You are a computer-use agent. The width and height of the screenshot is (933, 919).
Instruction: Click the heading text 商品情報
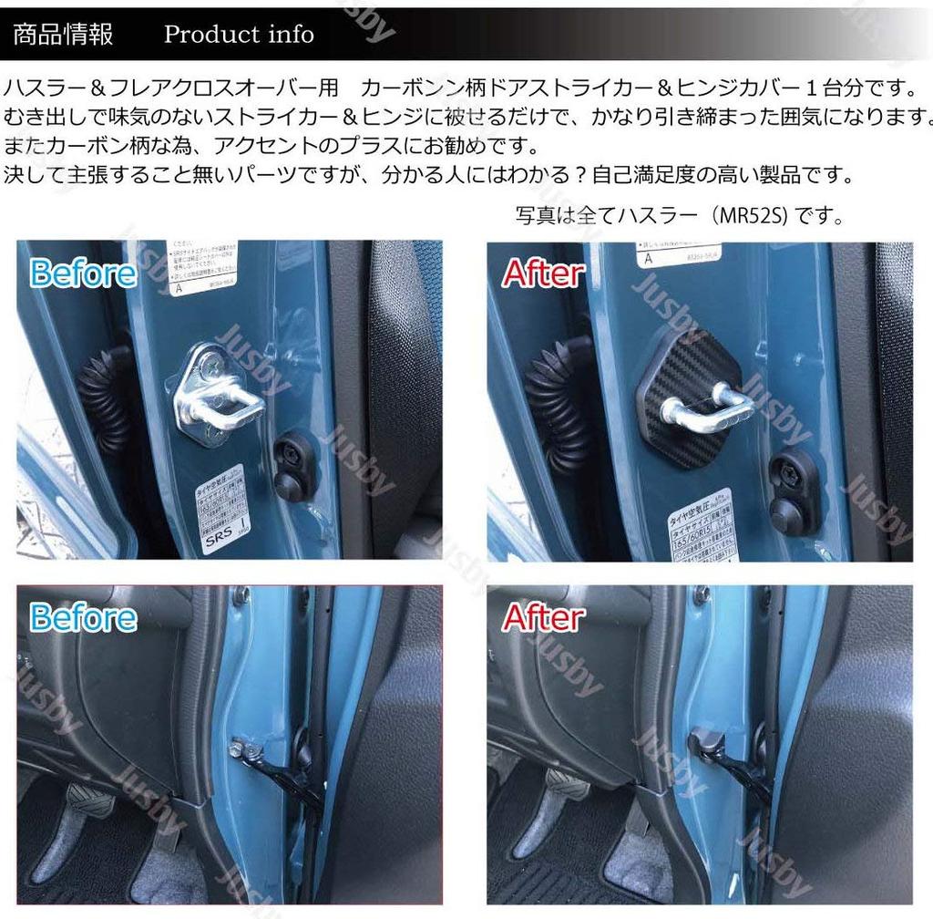tap(63, 34)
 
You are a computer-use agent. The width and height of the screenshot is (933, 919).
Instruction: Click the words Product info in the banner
tap(239, 35)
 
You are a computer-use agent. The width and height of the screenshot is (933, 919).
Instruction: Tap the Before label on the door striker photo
tap(83, 273)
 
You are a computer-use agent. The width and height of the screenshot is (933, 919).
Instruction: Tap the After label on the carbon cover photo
tap(544, 273)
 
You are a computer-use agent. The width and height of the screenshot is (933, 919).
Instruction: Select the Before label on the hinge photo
tap(83, 617)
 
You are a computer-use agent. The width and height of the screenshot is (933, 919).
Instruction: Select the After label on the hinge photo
tap(544, 617)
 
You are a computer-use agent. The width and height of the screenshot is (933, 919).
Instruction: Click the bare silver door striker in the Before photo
tap(217, 394)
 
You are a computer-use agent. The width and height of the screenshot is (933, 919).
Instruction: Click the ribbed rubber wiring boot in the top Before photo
tap(106, 401)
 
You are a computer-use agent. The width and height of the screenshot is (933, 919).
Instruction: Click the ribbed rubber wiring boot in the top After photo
tap(559, 401)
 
